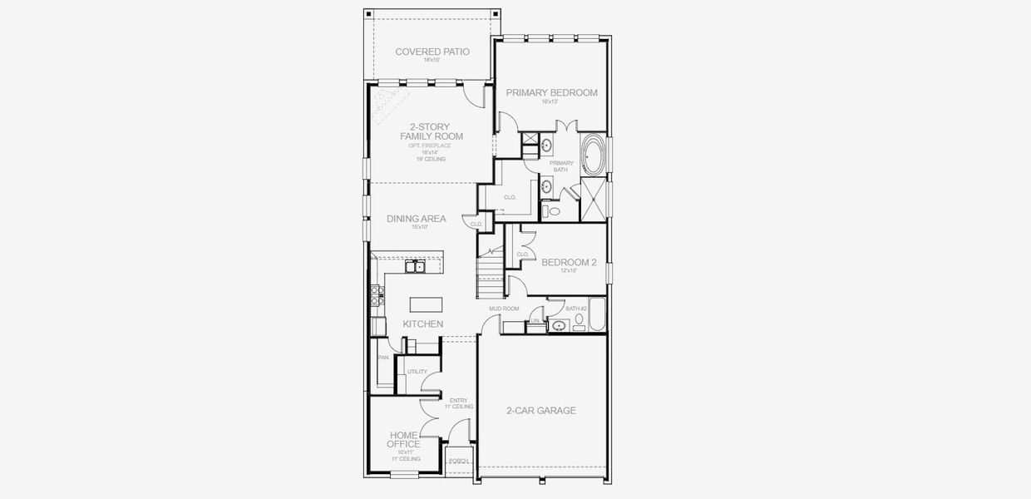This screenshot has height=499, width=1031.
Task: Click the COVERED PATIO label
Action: (x=432, y=52)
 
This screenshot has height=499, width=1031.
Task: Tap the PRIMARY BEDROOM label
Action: (x=551, y=93)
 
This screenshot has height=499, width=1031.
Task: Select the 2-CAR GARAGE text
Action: (x=541, y=411)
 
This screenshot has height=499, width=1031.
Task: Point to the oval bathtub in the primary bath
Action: (x=594, y=155)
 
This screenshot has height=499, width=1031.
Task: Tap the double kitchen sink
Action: (x=417, y=267)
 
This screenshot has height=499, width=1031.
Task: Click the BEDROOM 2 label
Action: (x=569, y=263)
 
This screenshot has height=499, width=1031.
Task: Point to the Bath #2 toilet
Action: (x=579, y=319)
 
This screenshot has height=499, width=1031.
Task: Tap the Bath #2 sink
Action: (x=559, y=327)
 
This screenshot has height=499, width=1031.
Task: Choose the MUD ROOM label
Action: (x=504, y=309)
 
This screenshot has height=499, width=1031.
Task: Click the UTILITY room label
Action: (x=417, y=372)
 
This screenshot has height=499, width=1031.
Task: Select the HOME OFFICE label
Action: (x=403, y=439)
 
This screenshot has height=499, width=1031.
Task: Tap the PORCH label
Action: (x=458, y=461)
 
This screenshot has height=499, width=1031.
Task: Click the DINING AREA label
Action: (x=416, y=220)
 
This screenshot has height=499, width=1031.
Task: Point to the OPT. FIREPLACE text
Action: (x=430, y=146)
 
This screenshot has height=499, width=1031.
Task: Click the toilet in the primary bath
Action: (x=554, y=212)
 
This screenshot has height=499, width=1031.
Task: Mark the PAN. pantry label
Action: (x=383, y=358)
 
